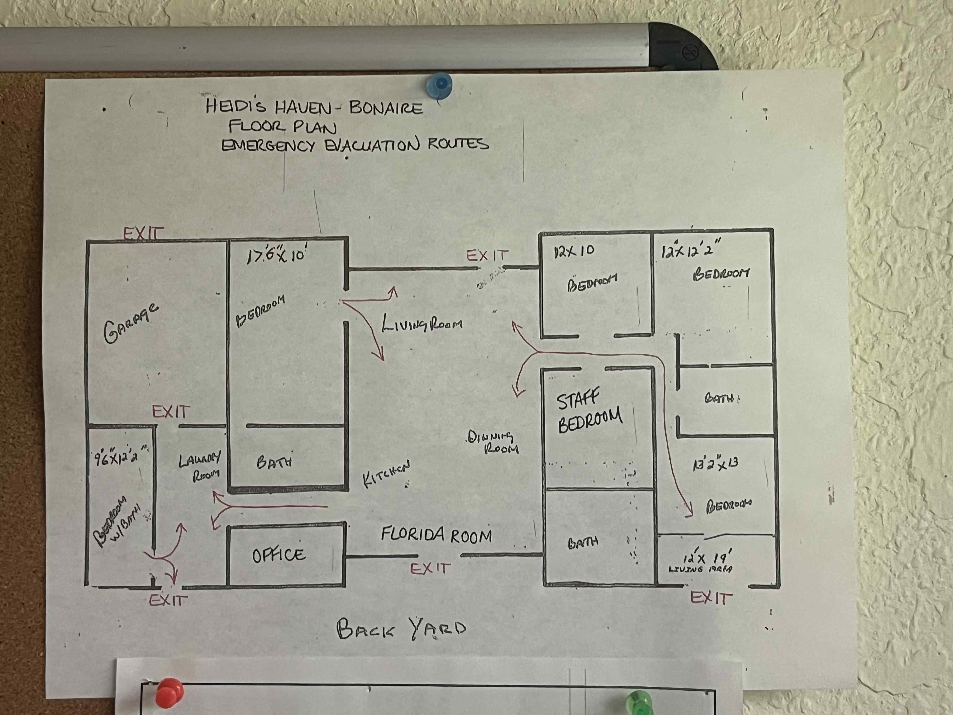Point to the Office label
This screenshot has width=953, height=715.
click(279, 555)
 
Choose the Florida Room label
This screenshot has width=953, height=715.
click(436, 535)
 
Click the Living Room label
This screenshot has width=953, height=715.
click(422, 323)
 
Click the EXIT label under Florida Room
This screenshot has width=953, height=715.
click(430, 569)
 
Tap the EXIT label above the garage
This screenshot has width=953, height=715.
click(143, 234)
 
